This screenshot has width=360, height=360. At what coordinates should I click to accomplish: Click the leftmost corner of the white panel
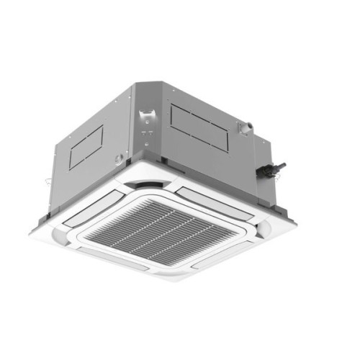(31, 229)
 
